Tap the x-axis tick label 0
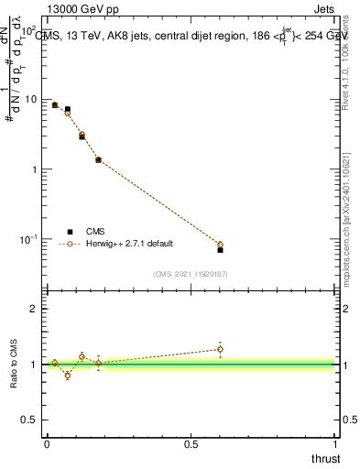coord(47,443)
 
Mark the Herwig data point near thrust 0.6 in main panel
coord(220,245)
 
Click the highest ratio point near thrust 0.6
coord(220,349)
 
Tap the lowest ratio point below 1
coord(67,376)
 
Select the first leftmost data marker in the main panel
coord(55,105)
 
